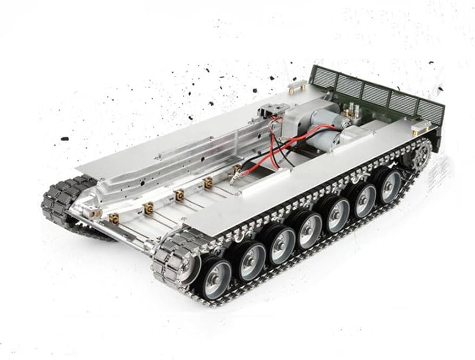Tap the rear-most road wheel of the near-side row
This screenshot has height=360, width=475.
(x=391, y=185)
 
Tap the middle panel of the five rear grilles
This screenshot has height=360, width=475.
(x=375, y=95)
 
